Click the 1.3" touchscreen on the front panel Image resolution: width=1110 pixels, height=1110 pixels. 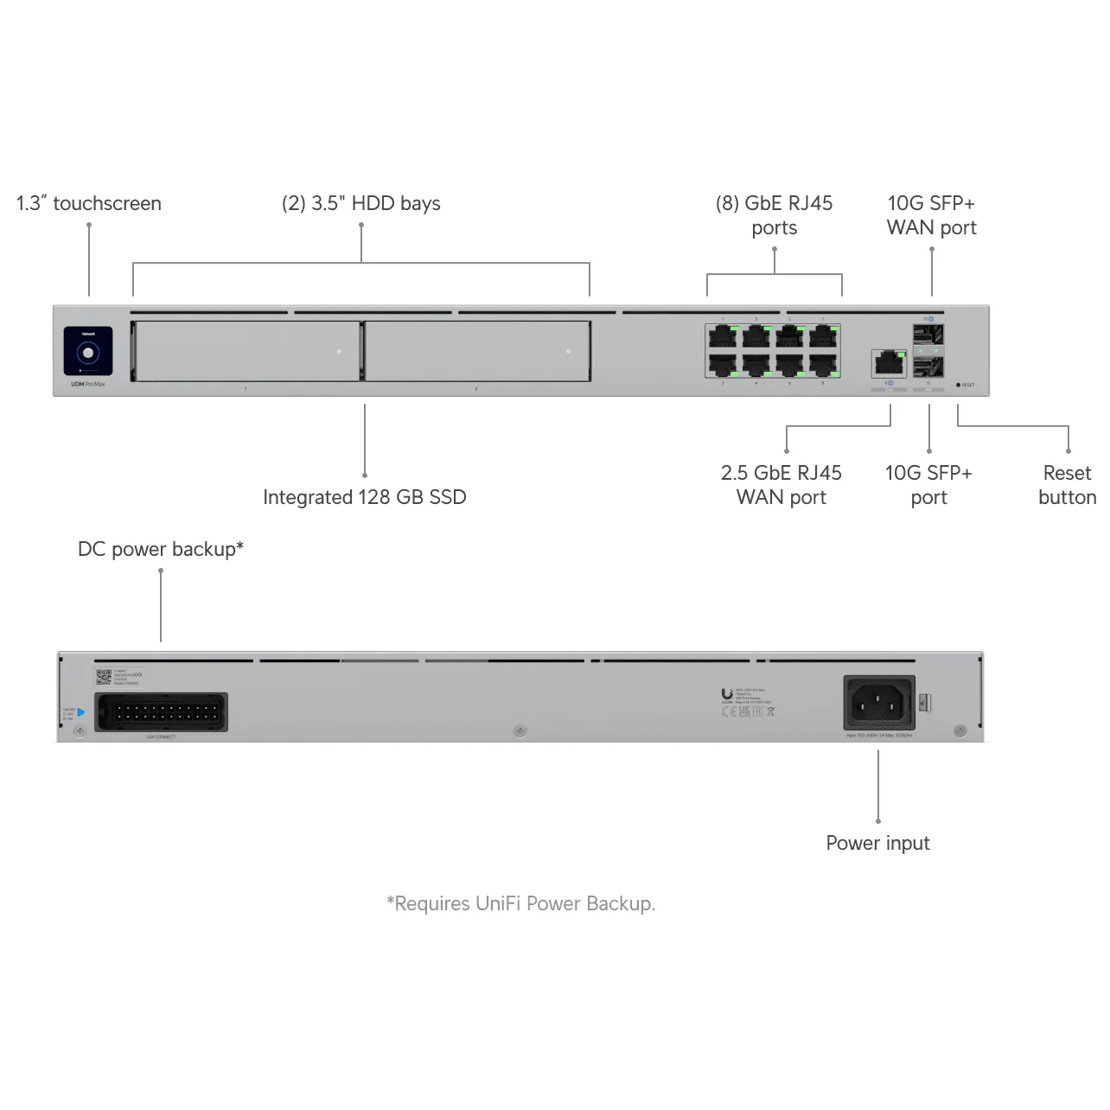88,352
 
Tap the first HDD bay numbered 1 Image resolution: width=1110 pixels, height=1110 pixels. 246,351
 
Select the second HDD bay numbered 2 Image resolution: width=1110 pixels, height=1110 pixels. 477,351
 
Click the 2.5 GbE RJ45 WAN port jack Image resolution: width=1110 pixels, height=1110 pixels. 889,363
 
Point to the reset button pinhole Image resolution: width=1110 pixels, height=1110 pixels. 958,385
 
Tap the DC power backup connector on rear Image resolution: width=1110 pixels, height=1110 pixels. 161,713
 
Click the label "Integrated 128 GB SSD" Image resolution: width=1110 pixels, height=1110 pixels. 364,497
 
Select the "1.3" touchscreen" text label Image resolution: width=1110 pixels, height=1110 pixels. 88,203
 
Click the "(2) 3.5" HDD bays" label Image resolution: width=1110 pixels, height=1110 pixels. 360,203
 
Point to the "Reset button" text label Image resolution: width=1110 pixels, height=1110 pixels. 1067,485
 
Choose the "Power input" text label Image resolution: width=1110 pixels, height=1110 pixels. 877,843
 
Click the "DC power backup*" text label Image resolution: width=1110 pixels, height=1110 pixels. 161,549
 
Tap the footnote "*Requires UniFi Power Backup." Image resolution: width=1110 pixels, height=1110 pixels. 520,903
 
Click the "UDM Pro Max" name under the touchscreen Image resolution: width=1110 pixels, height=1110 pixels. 87,384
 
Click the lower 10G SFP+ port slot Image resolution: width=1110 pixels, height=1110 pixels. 928,368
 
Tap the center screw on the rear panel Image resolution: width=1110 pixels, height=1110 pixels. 520,731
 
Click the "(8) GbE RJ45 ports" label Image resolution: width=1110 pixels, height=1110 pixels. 774,215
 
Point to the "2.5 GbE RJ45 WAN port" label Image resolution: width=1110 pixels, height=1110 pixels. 781,485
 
